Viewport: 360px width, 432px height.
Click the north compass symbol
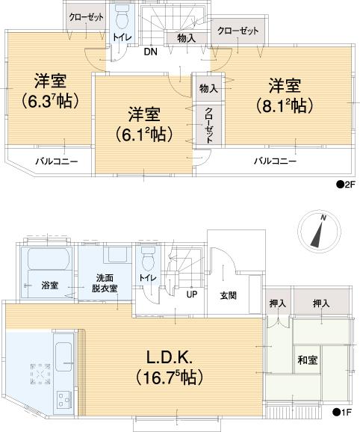317,231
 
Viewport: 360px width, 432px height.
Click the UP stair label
192,293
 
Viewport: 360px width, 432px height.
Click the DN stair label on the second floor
150,52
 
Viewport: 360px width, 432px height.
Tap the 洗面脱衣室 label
105,281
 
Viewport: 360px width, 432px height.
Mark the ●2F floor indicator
345,183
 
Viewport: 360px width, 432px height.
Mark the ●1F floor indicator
345,412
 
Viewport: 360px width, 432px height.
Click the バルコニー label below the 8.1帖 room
274,161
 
